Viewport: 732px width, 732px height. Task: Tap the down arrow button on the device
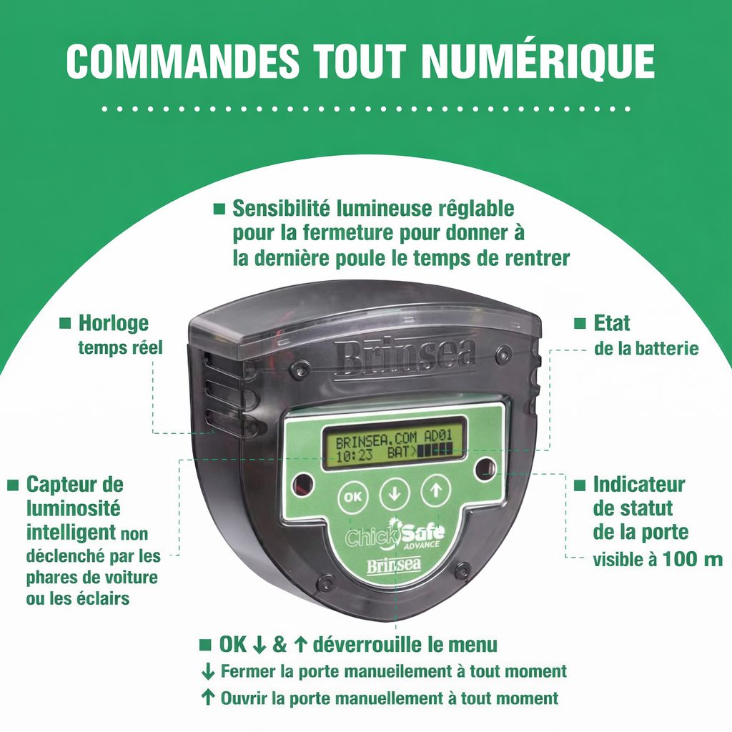coord(394,493)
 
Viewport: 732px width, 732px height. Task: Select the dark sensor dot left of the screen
coord(303,478)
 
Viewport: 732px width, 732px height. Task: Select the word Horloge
coord(114,323)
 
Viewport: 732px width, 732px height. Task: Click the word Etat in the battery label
coord(612,322)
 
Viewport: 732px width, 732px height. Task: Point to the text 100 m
coord(692,559)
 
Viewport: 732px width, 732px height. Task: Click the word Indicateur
coord(639,484)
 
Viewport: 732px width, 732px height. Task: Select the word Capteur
coord(75,484)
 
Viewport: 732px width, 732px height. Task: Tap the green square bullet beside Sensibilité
coord(219,209)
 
